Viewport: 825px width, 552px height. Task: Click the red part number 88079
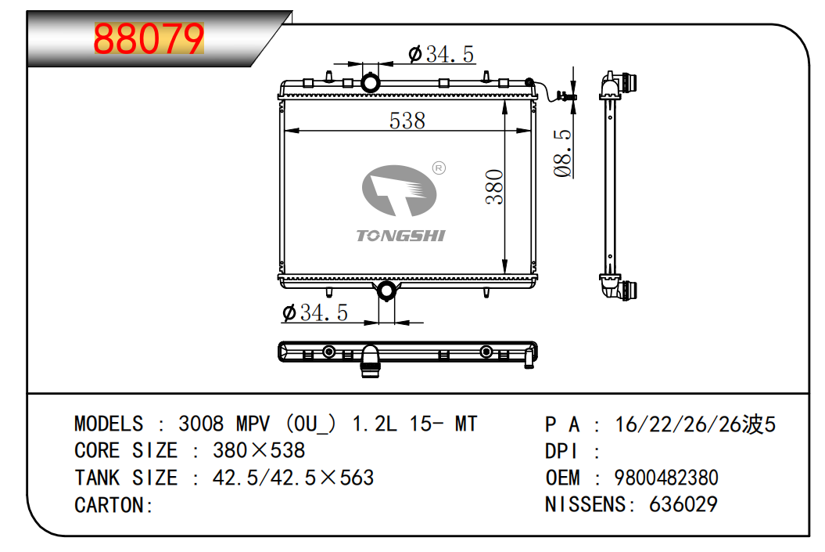tap(149, 39)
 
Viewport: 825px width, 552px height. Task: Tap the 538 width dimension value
tap(407, 121)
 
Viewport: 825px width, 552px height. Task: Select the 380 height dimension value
tap(494, 187)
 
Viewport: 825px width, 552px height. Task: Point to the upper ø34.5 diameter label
tap(442, 54)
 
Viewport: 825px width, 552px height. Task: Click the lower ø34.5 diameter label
tap(314, 312)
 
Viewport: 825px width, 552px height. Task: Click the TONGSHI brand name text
tap(400, 236)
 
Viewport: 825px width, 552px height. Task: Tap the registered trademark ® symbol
tap(439, 168)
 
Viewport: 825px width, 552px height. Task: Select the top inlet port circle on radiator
tap(370, 82)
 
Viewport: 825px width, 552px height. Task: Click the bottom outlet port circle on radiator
tap(386, 291)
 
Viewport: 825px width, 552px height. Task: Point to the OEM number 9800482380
tap(666, 478)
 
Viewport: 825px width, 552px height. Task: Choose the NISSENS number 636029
tap(683, 504)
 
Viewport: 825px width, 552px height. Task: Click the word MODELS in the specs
tap(109, 424)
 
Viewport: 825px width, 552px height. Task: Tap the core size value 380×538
tap(259, 451)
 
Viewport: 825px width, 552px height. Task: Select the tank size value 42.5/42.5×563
tap(293, 478)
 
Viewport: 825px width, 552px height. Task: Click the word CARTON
tap(109, 505)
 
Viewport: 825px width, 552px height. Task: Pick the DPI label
tap(561, 452)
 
